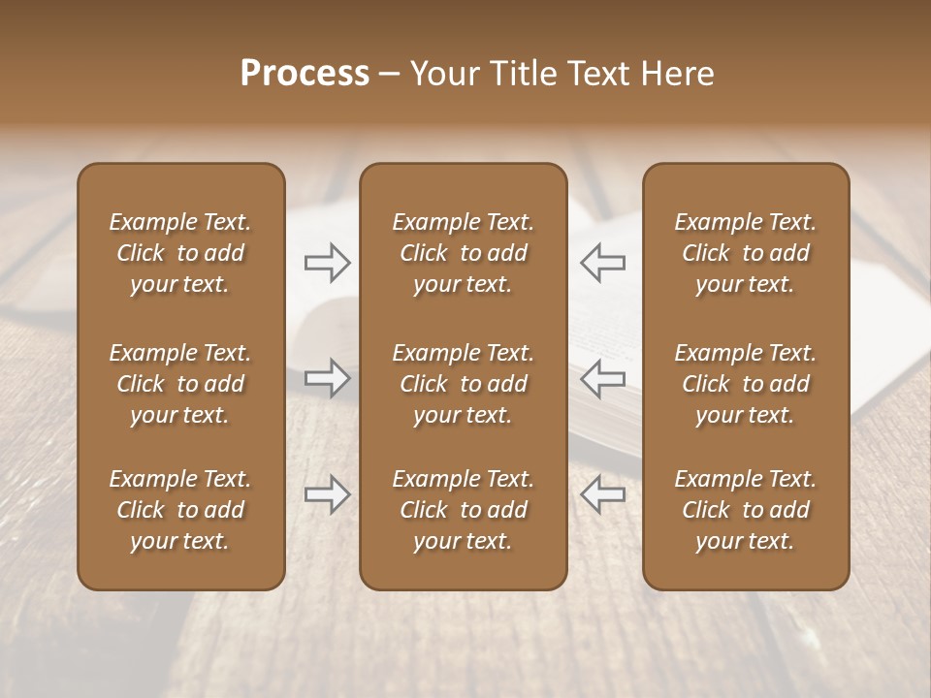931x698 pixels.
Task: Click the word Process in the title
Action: [x=305, y=74]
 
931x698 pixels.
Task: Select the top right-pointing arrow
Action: [x=328, y=262]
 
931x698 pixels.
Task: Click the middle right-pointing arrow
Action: [x=328, y=378]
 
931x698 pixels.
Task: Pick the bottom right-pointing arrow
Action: [x=328, y=494]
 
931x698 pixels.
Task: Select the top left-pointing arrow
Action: [x=602, y=262]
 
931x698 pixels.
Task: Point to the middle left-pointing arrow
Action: [x=602, y=378]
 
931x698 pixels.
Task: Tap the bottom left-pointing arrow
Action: [x=602, y=494]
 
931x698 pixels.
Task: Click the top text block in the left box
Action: [x=180, y=253]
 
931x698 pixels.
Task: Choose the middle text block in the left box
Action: [x=180, y=384]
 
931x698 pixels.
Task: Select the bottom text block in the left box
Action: [x=180, y=510]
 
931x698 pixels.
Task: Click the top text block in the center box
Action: [x=463, y=253]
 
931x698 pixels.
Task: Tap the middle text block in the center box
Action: [x=463, y=384]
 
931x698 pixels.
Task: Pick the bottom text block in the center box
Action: [x=463, y=510]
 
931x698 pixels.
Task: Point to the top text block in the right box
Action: [x=745, y=253]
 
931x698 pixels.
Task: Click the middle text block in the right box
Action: [x=745, y=384]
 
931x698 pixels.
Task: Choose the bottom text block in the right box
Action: [x=745, y=510]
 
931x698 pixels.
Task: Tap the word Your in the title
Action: [x=441, y=74]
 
